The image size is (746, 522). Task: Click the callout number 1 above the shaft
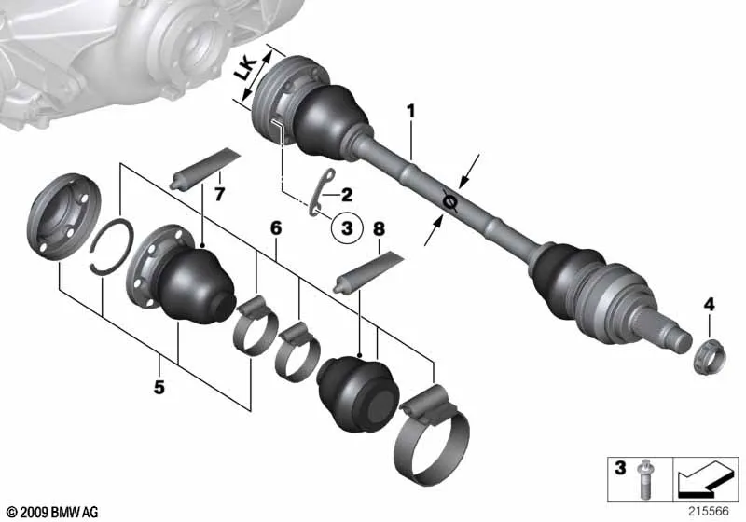[408, 111]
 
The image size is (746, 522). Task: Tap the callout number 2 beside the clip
[347, 195]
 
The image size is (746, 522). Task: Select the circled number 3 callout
[346, 227]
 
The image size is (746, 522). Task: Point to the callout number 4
[709, 303]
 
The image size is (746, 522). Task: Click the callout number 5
[159, 385]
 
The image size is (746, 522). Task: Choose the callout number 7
[220, 194]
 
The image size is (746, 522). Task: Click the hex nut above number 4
[709, 351]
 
